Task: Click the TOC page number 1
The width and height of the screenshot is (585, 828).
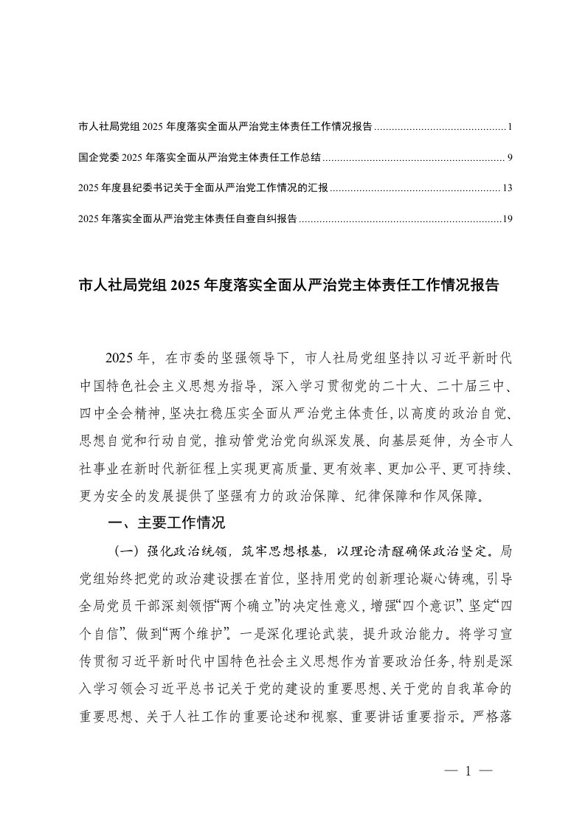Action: (x=510, y=127)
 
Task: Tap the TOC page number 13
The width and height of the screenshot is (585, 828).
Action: (x=507, y=188)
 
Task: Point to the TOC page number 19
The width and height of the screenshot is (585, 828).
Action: (x=507, y=218)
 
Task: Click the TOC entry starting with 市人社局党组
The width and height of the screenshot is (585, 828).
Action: (x=224, y=127)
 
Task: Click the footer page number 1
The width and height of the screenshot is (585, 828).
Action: (x=469, y=770)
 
